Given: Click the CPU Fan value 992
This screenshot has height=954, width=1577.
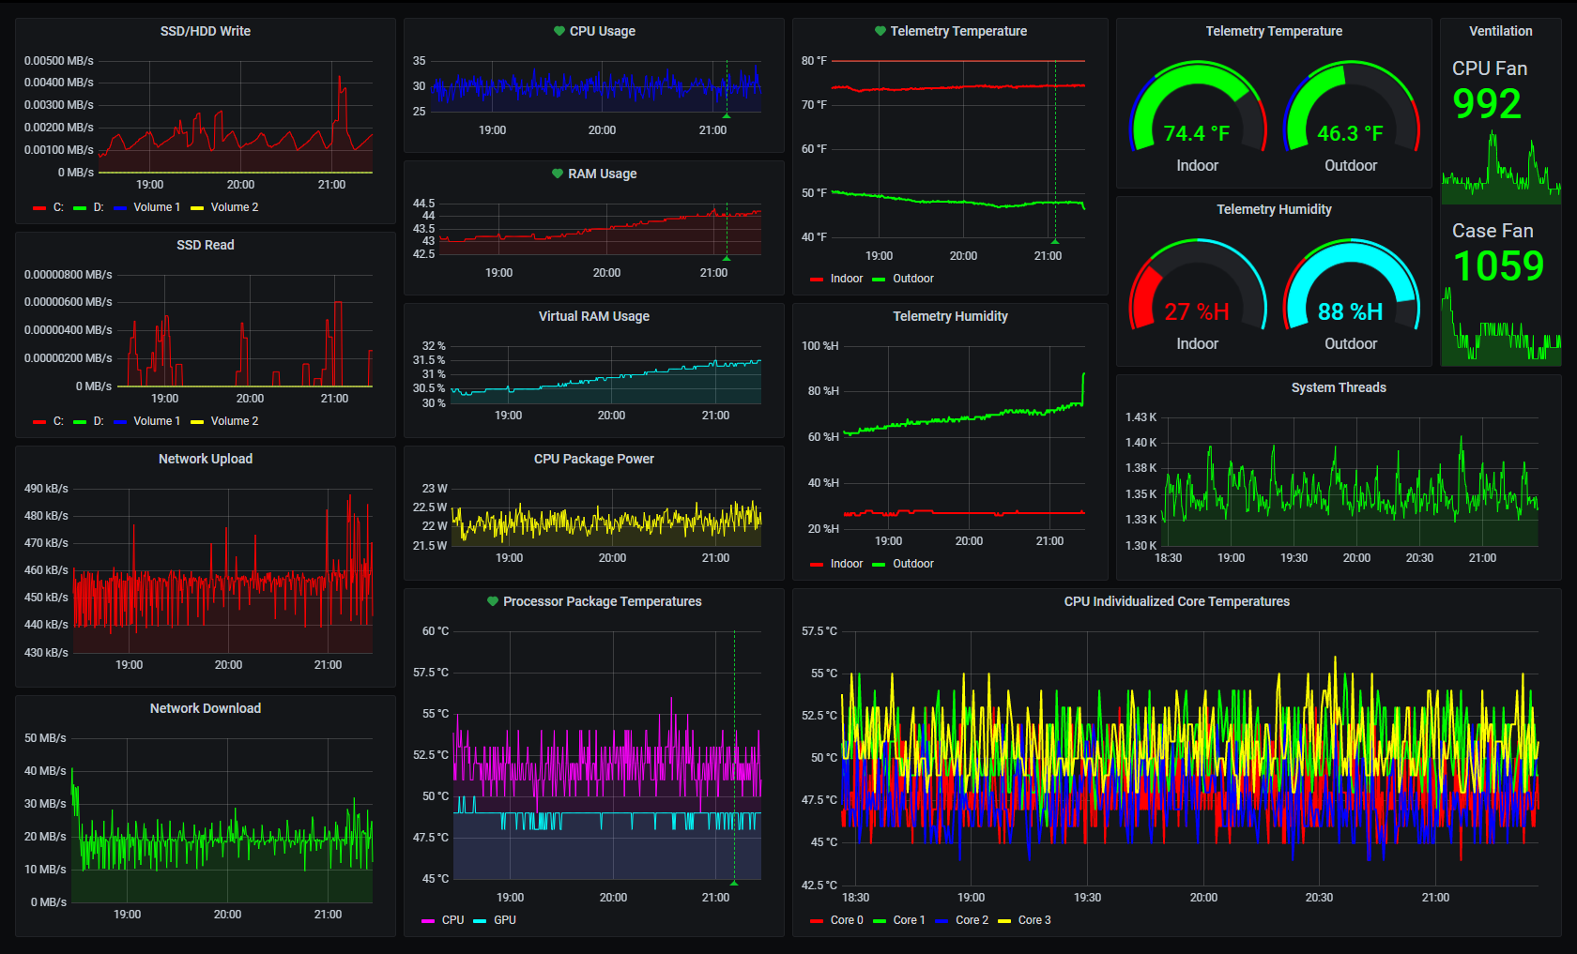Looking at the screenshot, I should [x=1487, y=104].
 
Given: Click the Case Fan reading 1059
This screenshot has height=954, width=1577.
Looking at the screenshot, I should [x=1498, y=266].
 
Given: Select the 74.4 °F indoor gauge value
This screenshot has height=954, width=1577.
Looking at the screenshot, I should [x=1196, y=133].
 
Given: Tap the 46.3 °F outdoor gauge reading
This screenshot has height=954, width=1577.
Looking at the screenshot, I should [x=1350, y=133].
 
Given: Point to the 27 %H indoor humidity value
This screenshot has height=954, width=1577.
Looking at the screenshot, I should [x=1196, y=311].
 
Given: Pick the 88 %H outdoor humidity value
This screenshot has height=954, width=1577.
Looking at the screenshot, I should [x=1350, y=311].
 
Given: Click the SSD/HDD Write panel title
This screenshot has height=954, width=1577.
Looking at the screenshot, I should [x=206, y=31].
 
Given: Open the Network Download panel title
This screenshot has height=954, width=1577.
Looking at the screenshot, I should [x=206, y=708].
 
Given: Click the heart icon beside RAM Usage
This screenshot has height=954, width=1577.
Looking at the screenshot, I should [x=558, y=174].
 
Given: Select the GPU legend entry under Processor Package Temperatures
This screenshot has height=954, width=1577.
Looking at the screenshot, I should [x=504, y=920].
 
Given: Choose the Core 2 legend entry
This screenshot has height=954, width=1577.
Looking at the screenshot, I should [x=972, y=920].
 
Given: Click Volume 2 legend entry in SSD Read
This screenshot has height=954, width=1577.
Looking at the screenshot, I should [x=234, y=421].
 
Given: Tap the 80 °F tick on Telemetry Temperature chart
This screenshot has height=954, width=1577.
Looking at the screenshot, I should [x=814, y=61].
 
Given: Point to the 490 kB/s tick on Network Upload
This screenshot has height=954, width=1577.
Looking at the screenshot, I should [x=46, y=489].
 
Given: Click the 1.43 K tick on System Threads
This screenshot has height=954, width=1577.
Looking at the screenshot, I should [x=1141, y=417].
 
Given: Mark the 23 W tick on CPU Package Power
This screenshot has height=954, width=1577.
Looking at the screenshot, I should [x=435, y=489].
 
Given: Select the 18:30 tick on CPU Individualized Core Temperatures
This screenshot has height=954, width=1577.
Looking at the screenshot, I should [x=856, y=898].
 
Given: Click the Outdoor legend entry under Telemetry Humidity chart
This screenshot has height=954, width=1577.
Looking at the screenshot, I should [x=912, y=564].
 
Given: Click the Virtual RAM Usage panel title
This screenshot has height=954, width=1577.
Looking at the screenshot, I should [x=594, y=316].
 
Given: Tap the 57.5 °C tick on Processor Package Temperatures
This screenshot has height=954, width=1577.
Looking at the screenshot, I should [x=431, y=673].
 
